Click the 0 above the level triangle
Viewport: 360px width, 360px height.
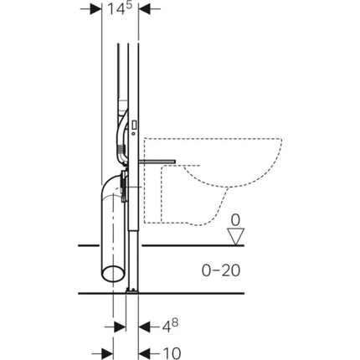coord(236,220)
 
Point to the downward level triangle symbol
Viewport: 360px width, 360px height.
coord(236,237)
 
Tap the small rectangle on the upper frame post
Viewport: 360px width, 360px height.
coord(134,123)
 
